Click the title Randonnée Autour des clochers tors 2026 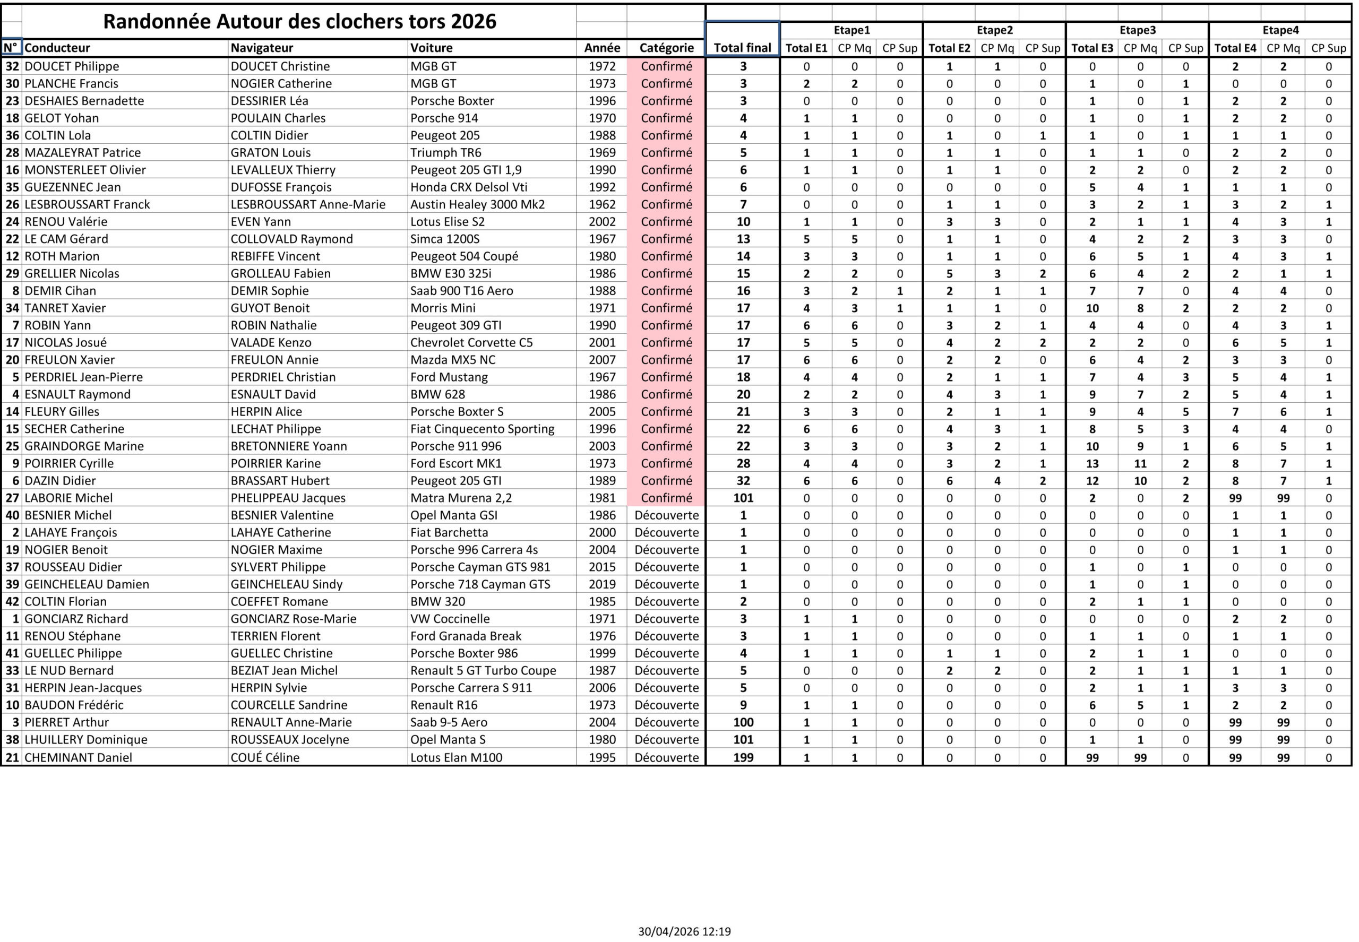(x=299, y=21)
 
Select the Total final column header (x=742, y=48)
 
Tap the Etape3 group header (x=1137, y=30)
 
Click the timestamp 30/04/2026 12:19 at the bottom (x=684, y=931)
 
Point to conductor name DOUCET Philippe (x=72, y=66)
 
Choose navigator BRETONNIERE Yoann (x=289, y=446)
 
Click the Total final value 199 (x=743, y=757)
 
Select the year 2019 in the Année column (x=601, y=584)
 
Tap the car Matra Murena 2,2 (x=461, y=498)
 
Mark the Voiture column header (x=432, y=48)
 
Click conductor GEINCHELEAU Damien (x=87, y=584)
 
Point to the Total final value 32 (x=743, y=480)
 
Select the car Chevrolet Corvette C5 (x=471, y=342)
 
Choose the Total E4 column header (x=1235, y=48)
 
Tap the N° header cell (x=11, y=48)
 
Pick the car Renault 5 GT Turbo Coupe (x=483, y=670)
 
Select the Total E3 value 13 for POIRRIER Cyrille (x=1092, y=463)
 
